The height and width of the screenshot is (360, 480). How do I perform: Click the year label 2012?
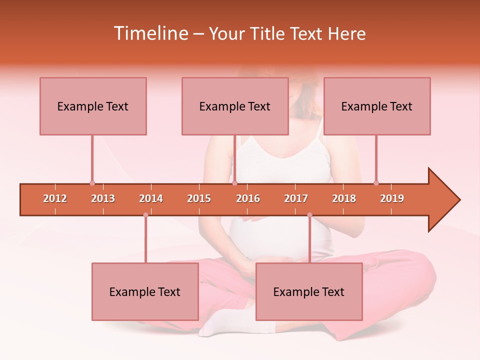(55, 198)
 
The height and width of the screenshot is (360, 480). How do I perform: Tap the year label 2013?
(103, 198)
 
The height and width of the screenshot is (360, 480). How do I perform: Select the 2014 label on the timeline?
(151, 198)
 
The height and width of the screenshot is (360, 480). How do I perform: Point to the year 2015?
(199, 198)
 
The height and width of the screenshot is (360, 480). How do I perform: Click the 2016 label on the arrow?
(248, 198)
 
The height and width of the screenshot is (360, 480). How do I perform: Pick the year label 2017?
(296, 198)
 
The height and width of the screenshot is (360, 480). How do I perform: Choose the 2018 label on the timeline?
(344, 198)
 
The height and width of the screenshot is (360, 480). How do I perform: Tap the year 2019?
(392, 198)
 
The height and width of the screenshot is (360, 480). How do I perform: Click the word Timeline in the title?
(150, 33)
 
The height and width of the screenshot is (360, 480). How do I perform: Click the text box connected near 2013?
(93, 106)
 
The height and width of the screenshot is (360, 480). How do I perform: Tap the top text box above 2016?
(235, 106)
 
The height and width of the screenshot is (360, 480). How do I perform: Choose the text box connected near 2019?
(377, 106)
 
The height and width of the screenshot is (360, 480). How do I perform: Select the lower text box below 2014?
(145, 291)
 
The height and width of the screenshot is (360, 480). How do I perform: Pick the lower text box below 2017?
(309, 291)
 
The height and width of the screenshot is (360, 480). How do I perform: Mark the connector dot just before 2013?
(92, 183)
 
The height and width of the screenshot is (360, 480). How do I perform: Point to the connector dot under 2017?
(309, 215)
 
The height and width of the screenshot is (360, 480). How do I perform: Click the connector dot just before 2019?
(376, 183)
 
